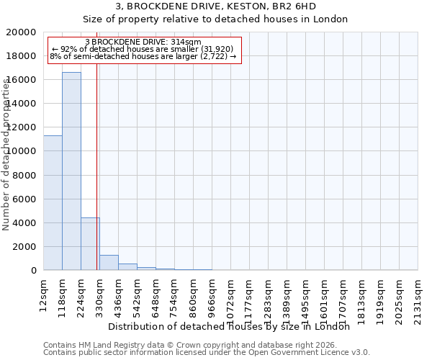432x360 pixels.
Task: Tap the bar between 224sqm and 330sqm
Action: (90, 244)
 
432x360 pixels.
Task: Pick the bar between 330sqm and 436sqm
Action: (109, 263)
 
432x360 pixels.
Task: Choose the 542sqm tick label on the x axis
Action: (137, 296)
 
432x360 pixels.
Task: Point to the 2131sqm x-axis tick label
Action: (418, 299)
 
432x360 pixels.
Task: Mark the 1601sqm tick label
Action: (324, 299)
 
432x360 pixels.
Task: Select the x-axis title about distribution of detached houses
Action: (233, 326)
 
